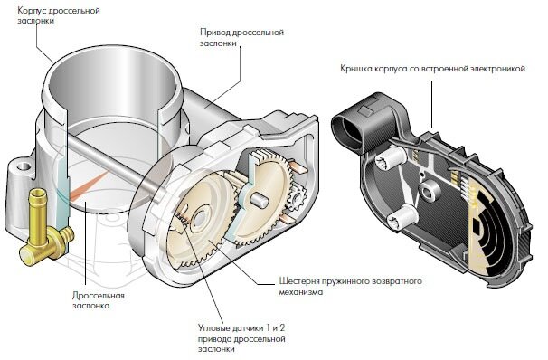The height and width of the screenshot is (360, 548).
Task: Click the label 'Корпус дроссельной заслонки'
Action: pyautogui.click(x=59, y=15)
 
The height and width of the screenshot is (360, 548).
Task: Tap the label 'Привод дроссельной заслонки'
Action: pyautogui.click(x=241, y=38)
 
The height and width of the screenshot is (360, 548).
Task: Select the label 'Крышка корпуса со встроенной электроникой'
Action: pyautogui.click(x=432, y=68)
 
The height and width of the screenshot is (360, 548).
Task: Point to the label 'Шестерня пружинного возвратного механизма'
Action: pyautogui.click(x=350, y=286)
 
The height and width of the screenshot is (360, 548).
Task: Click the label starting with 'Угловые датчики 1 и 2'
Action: pyautogui.click(x=241, y=338)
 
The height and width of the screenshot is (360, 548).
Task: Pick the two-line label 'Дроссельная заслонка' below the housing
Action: pyautogui.click(x=99, y=300)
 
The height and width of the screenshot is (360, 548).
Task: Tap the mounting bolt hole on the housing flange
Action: pyautogui.click(x=23, y=166)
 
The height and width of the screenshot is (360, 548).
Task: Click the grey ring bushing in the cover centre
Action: pyautogui.click(x=429, y=190)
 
